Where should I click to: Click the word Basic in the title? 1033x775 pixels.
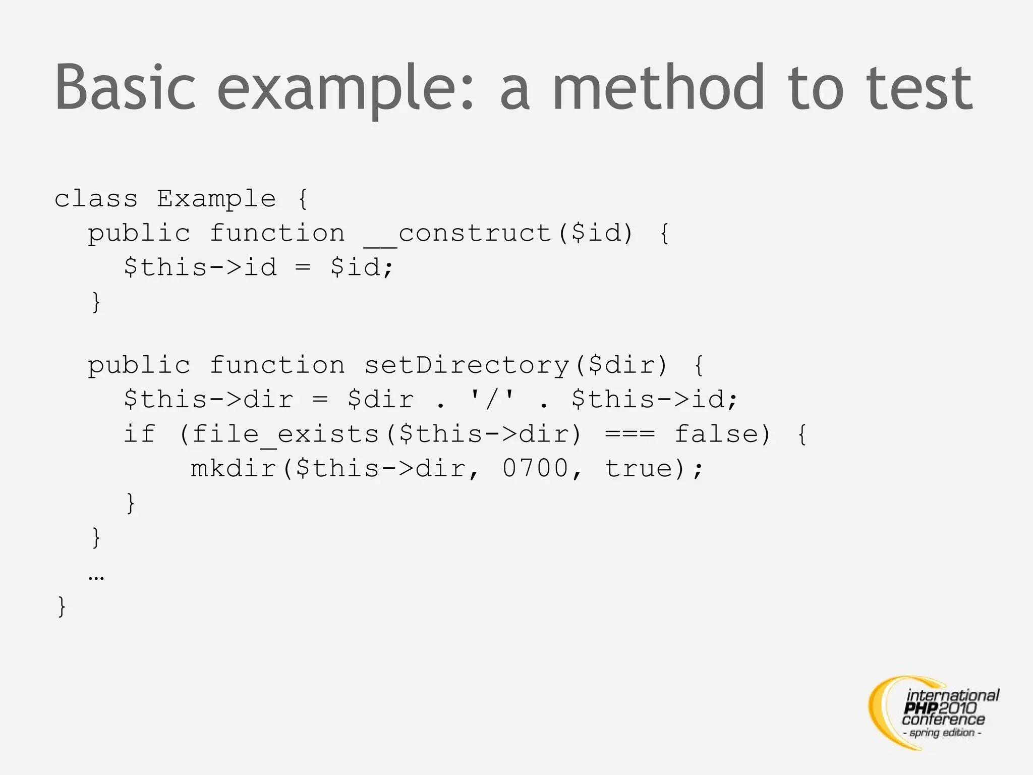(x=125, y=87)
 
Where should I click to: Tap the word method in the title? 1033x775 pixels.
(x=659, y=87)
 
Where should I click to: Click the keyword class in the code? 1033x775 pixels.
(x=96, y=199)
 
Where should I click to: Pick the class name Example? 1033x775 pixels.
(x=216, y=199)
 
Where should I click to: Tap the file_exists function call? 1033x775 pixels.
(x=285, y=434)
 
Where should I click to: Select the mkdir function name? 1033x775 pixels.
(x=234, y=469)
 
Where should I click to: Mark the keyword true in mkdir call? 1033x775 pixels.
(x=639, y=469)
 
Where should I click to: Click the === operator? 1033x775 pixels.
(x=630, y=434)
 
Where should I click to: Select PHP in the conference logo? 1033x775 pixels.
(x=921, y=708)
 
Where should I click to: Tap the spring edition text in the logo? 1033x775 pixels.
(x=942, y=733)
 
